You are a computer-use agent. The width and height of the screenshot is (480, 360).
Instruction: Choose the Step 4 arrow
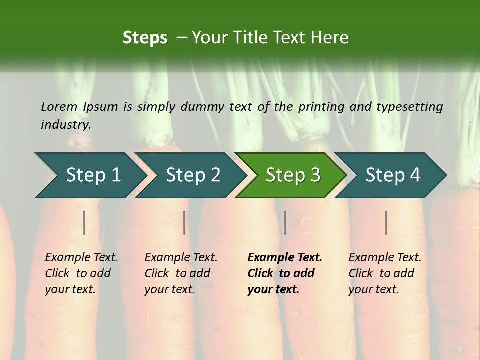(392, 175)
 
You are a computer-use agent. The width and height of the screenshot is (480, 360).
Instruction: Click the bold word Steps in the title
(145, 38)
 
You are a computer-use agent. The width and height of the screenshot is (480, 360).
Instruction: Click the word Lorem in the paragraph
(59, 106)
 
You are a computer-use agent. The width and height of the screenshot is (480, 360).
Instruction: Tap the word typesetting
(409, 106)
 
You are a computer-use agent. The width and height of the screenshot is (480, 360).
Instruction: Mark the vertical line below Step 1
(84, 223)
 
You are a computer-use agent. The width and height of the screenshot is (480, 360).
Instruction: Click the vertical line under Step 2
(184, 223)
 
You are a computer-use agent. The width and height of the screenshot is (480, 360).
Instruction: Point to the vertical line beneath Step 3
(285, 223)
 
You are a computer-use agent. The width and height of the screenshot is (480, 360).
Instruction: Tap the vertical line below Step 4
(386, 223)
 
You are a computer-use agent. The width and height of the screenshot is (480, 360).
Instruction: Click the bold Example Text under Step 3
(285, 257)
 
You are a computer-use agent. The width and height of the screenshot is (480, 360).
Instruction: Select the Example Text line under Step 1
(81, 257)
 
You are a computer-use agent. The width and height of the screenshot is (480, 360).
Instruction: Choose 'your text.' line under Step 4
(374, 289)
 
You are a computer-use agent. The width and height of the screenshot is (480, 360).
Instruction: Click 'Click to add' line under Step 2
(177, 273)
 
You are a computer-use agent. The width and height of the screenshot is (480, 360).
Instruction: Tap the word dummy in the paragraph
(206, 106)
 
